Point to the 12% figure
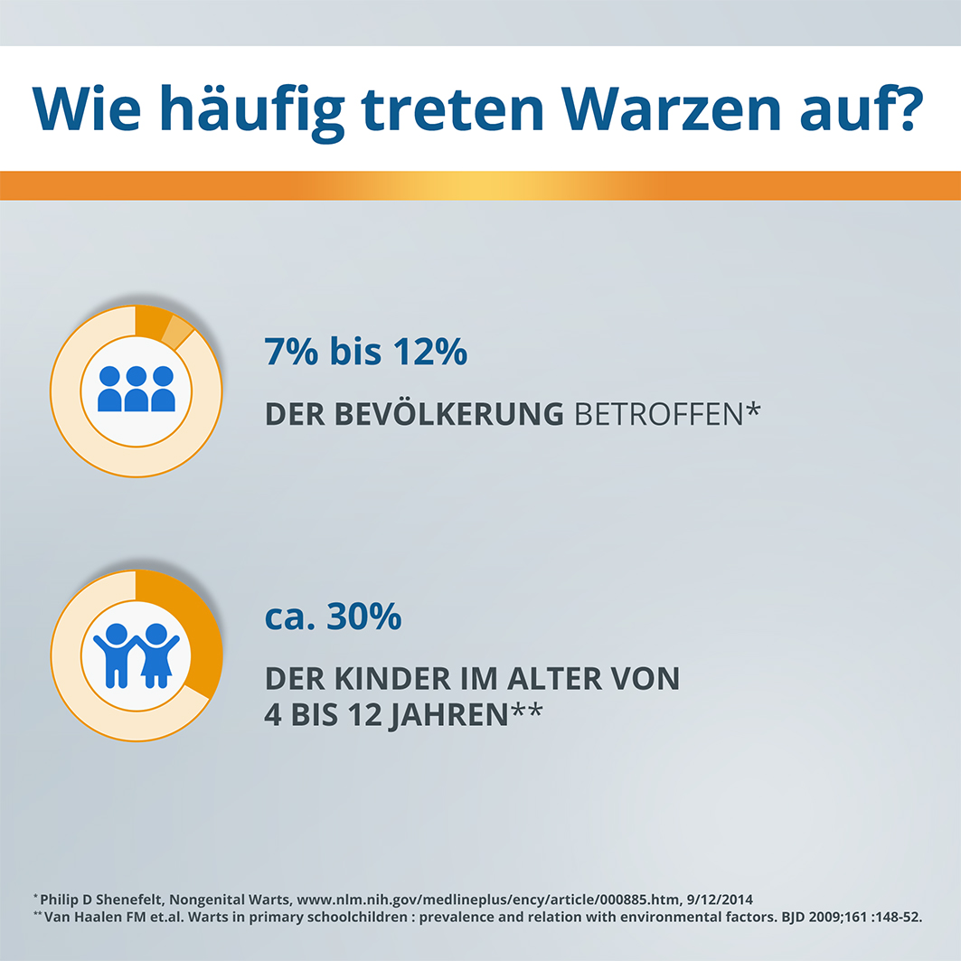(429, 352)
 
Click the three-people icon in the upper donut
(136, 390)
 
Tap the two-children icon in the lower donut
(136, 654)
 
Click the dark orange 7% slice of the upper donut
(150, 322)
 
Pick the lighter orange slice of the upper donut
(178, 333)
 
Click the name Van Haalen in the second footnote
(82, 917)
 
